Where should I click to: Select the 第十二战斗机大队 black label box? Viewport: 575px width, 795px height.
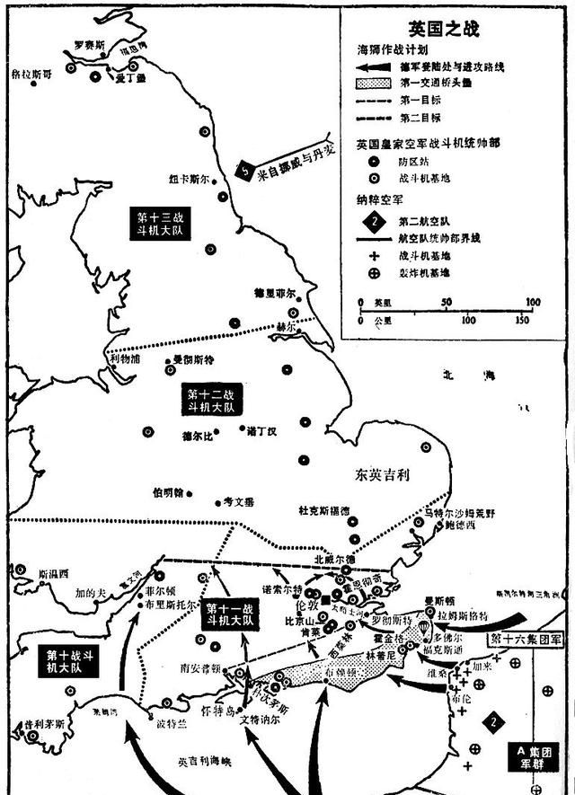pyautogui.click(x=210, y=400)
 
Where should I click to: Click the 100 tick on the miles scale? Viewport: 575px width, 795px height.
pyautogui.click(x=532, y=303)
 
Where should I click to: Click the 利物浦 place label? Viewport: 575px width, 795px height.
pyautogui.click(x=125, y=360)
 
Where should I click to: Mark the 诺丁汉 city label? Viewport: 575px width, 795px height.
pyautogui.click(x=261, y=431)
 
